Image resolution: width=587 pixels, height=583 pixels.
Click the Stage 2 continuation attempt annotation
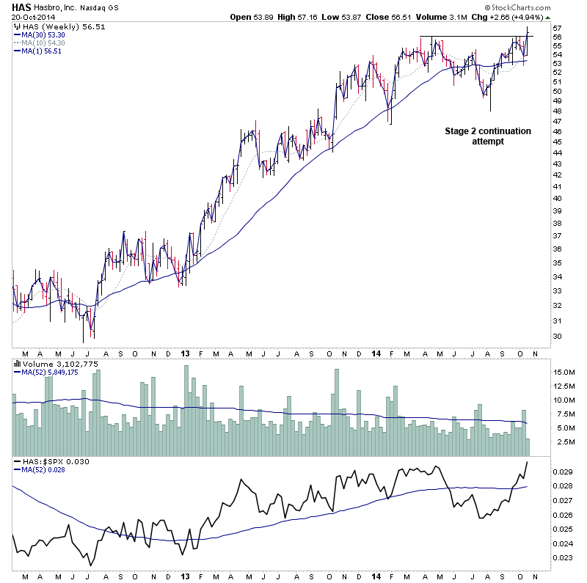tap(487, 136)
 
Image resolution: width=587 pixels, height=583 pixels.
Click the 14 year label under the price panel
tap(376, 352)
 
